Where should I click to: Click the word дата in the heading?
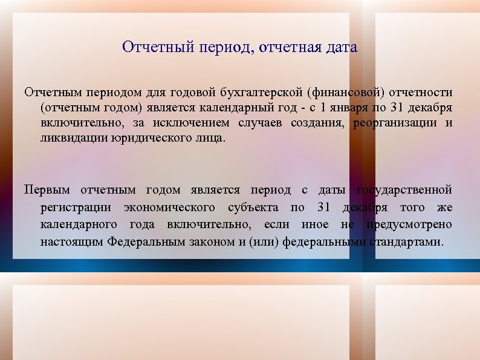click(341, 47)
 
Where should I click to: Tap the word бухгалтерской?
click(262, 93)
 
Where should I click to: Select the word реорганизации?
click(395, 123)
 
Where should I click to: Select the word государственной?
click(404, 191)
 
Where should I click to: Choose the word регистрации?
click(76, 208)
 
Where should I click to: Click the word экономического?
click(169, 208)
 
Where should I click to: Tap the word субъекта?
click(254, 208)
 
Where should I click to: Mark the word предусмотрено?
click(409, 224)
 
